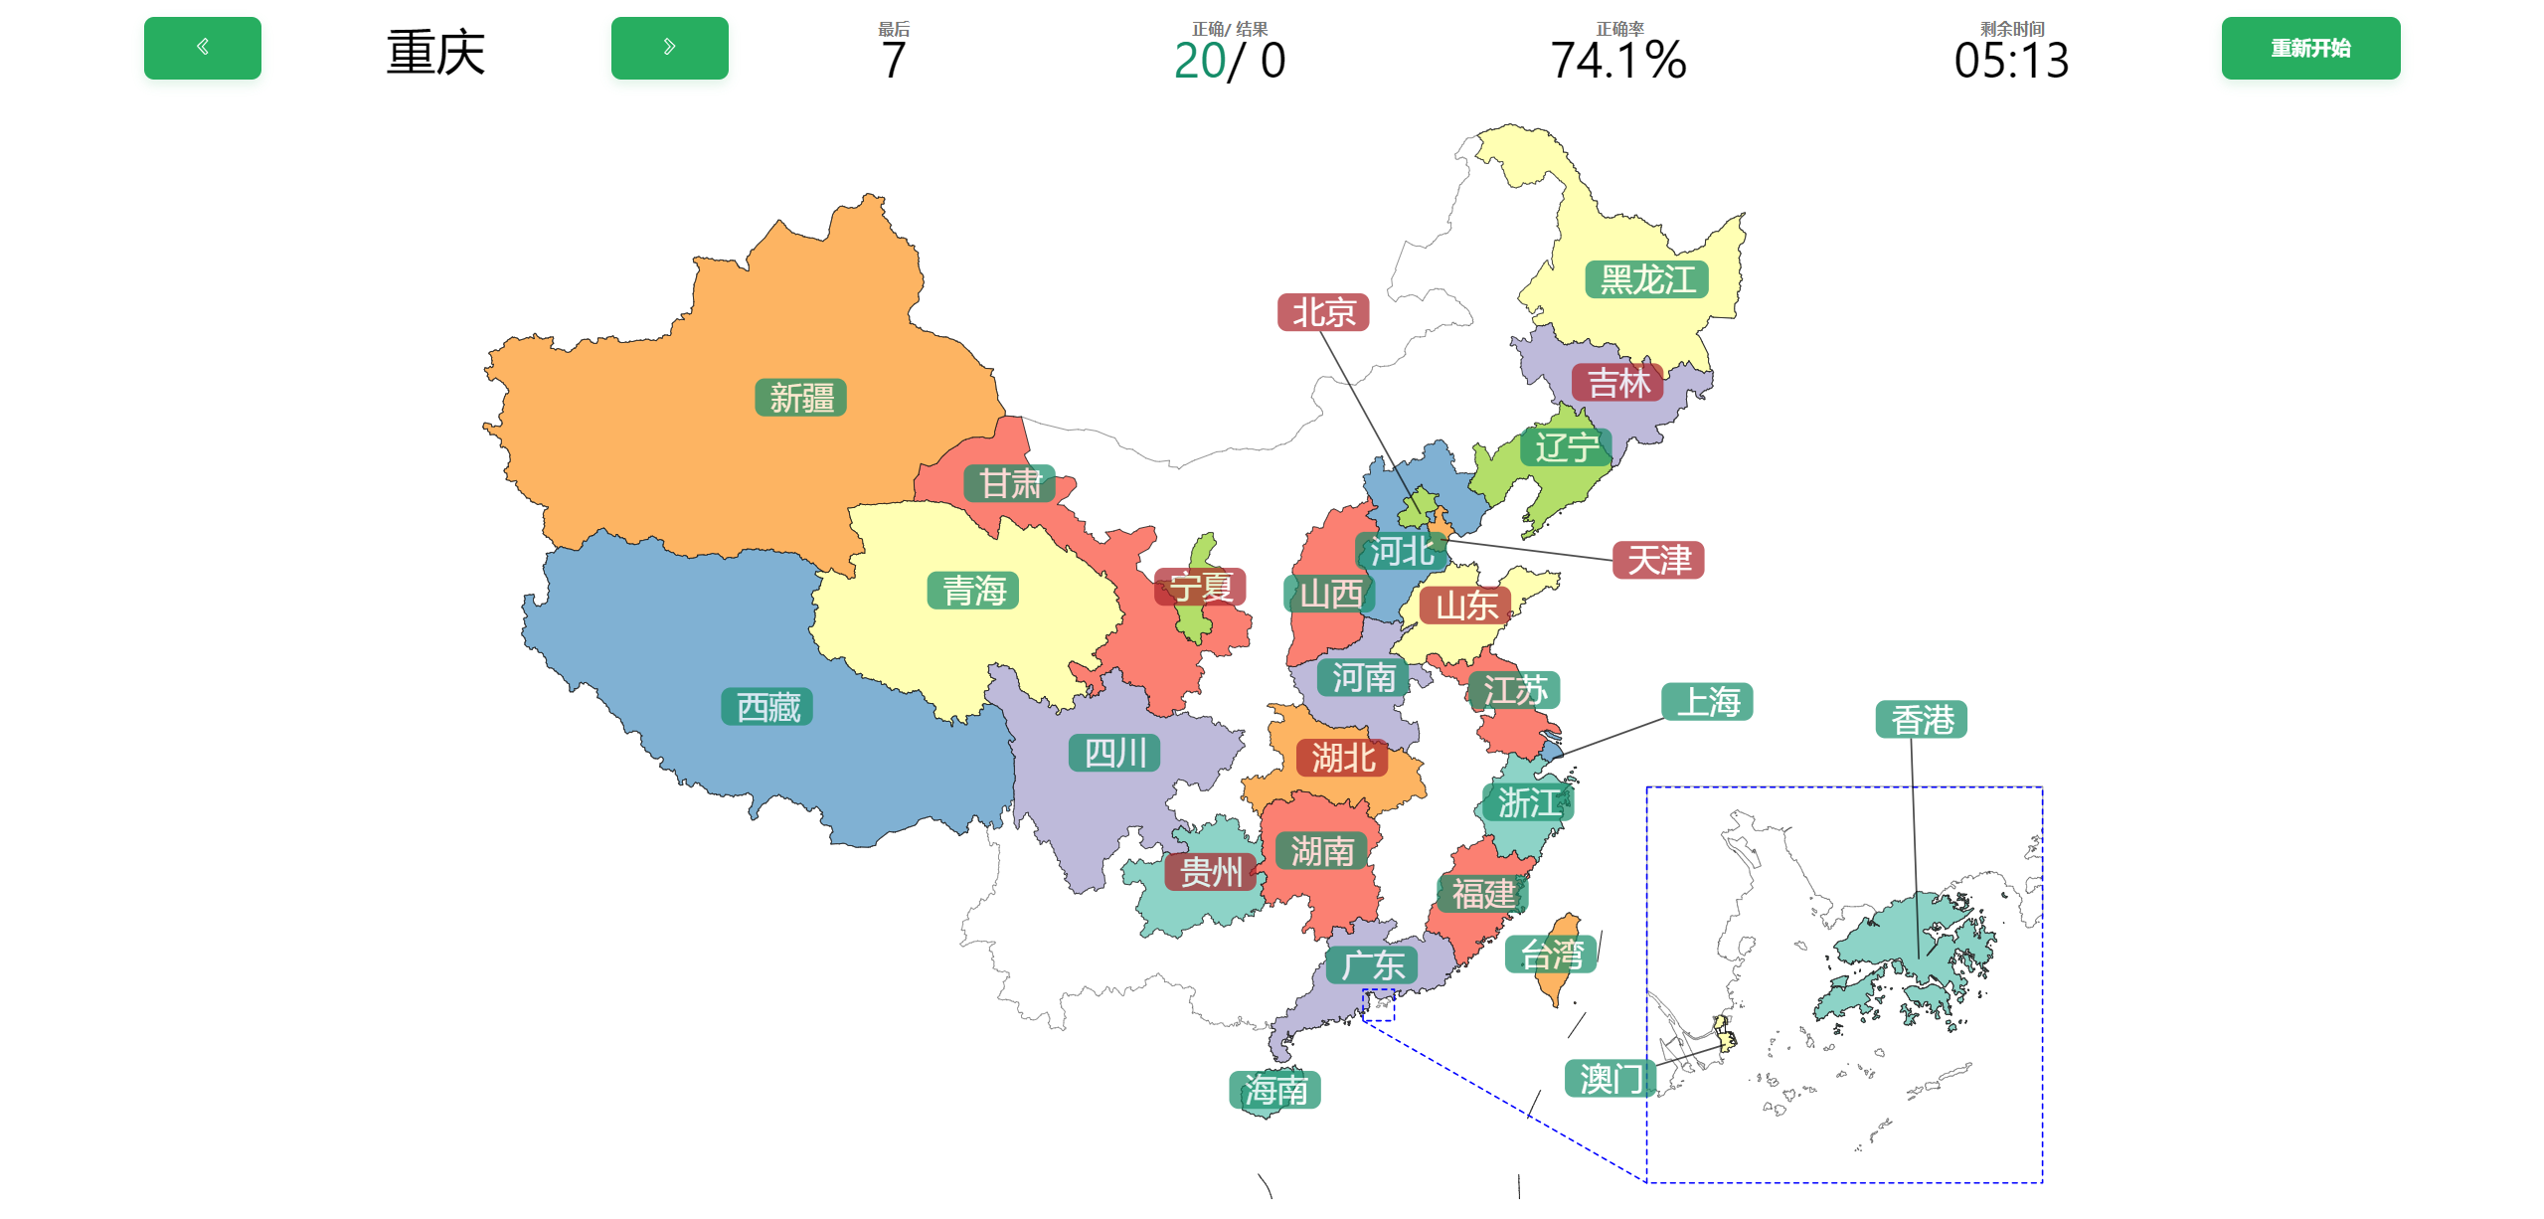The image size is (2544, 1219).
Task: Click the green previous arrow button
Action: coord(202,48)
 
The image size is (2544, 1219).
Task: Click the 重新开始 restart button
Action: coord(2309,48)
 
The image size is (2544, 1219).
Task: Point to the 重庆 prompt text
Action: coord(435,52)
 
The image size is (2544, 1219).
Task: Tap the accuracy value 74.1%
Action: coord(1617,60)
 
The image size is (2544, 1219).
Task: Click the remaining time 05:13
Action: coord(2010,60)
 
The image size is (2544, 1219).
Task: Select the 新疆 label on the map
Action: coord(800,398)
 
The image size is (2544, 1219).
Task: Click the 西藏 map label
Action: coord(767,707)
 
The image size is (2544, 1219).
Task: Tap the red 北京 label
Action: coord(1322,312)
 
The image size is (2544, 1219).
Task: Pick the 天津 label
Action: coord(1657,560)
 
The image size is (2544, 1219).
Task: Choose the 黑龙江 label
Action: coord(1646,279)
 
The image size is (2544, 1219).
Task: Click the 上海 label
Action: coord(1706,701)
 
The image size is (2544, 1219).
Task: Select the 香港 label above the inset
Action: coord(1921,719)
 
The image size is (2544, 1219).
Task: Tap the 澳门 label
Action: coord(1610,1078)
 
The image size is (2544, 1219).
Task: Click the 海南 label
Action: coord(1274,1090)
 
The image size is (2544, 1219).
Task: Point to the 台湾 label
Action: coord(1550,955)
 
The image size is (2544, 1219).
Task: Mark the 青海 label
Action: coord(972,591)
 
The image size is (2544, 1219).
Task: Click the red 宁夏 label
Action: coord(1200,587)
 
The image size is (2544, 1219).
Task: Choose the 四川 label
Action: coord(1114,753)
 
